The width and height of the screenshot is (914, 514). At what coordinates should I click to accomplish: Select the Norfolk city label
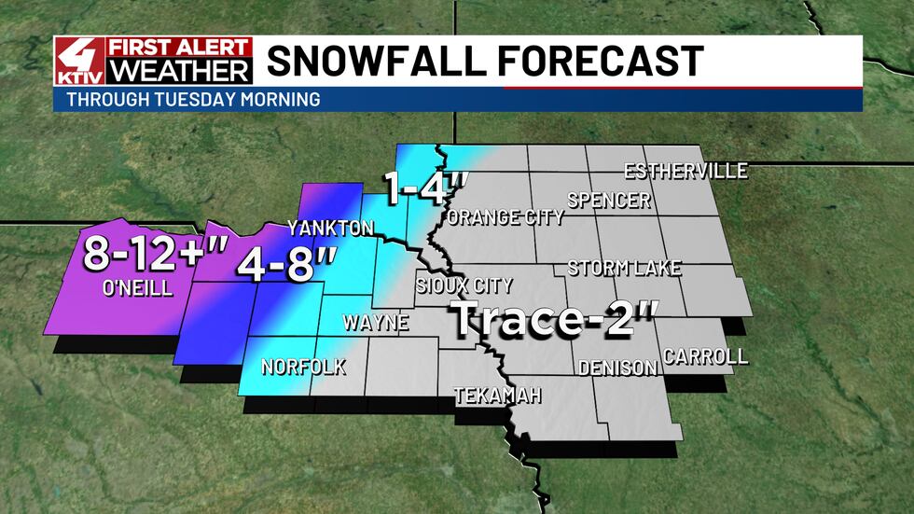(303, 367)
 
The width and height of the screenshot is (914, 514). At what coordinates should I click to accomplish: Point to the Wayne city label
(376, 324)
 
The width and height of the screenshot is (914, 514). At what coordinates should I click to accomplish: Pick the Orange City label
(505, 217)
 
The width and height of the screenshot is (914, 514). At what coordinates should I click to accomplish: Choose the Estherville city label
(685, 171)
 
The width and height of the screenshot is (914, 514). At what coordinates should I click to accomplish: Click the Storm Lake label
(624, 269)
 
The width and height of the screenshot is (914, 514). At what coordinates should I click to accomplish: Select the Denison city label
(617, 368)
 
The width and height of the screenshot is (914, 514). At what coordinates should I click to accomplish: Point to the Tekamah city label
(497, 396)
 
